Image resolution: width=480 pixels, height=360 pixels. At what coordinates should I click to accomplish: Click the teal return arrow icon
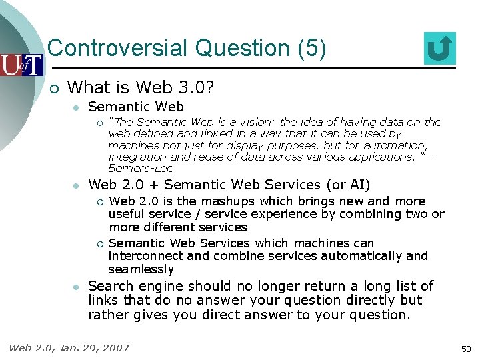(439, 49)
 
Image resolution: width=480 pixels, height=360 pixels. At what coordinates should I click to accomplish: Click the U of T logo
(21, 65)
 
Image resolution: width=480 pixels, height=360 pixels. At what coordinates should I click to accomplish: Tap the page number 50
(465, 349)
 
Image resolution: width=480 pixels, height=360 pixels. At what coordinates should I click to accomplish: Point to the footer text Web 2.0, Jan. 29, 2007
(69, 347)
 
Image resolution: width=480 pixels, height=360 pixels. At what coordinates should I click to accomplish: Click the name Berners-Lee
(141, 169)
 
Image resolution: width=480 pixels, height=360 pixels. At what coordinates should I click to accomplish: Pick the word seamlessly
(141, 269)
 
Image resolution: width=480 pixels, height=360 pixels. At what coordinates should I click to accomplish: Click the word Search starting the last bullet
(110, 286)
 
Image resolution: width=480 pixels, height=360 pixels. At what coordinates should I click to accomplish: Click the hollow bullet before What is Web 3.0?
(54, 88)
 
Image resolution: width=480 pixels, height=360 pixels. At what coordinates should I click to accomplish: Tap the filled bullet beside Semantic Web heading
(77, 107)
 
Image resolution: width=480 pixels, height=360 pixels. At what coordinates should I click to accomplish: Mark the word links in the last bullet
(103, 301)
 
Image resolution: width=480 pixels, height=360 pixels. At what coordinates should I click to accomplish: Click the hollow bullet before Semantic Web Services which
(98, 243)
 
